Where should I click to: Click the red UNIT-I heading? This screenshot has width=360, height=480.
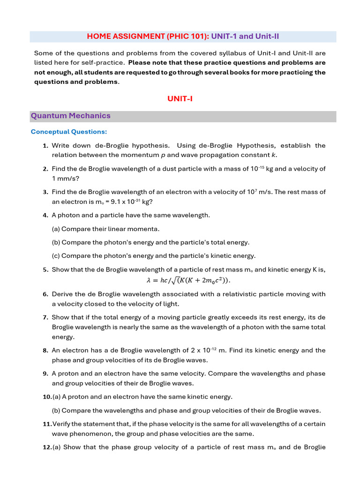tap(180, 98)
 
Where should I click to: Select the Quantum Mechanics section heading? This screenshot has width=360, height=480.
tap(71, 116)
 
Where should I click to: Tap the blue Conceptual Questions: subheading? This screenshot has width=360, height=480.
tap(69, 132)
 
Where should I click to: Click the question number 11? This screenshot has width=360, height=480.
tap(47, 424)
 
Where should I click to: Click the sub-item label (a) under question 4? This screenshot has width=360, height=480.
tap(56, 229)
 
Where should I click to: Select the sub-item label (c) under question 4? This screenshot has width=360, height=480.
tap(56, 256)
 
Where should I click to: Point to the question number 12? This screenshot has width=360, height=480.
tap(47, 447)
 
